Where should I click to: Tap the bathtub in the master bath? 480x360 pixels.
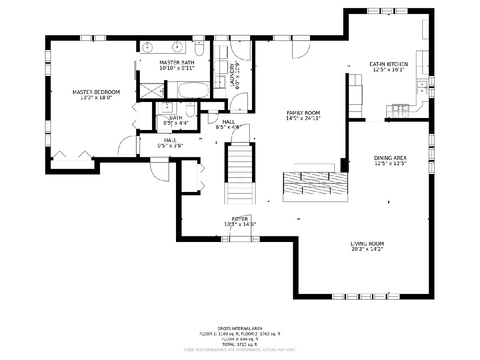point(194,90)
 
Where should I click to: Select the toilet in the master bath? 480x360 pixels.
point(199,48)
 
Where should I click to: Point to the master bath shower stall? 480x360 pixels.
point(152,90)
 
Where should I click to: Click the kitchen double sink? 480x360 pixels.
point(422,88)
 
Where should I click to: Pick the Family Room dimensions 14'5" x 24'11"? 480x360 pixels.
point(303,118)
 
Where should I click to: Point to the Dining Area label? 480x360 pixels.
point(390,158)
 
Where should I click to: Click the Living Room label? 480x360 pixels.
point(367,244)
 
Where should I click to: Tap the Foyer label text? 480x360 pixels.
point(240,219)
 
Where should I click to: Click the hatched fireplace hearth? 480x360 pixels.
point(315,183)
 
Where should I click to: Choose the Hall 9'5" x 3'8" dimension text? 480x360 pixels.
point(170,146)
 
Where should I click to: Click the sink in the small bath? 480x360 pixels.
point(167,107)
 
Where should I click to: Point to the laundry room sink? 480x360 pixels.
point(220,82)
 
